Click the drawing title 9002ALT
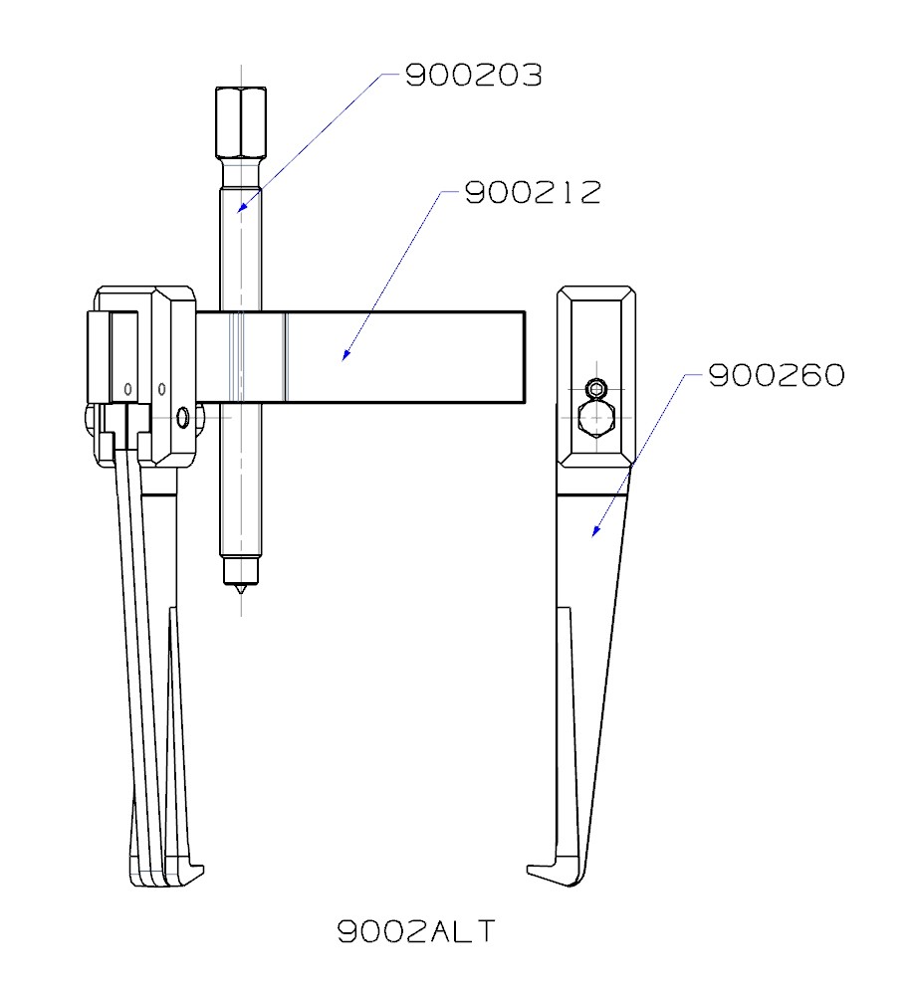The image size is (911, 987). tap(415, 931)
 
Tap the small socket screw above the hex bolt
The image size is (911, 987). tap(596, 388)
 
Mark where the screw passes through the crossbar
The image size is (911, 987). tap(240, 356)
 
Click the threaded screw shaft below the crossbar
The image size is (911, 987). tap(240, 478)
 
